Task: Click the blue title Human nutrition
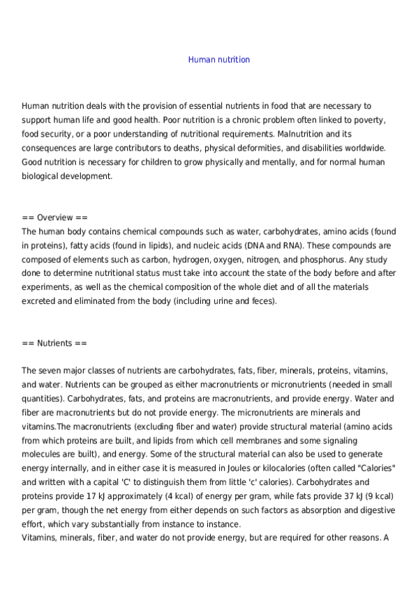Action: [218, 60]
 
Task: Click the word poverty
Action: [366, 119]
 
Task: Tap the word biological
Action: [43, 176]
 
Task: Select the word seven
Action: [50, 370]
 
